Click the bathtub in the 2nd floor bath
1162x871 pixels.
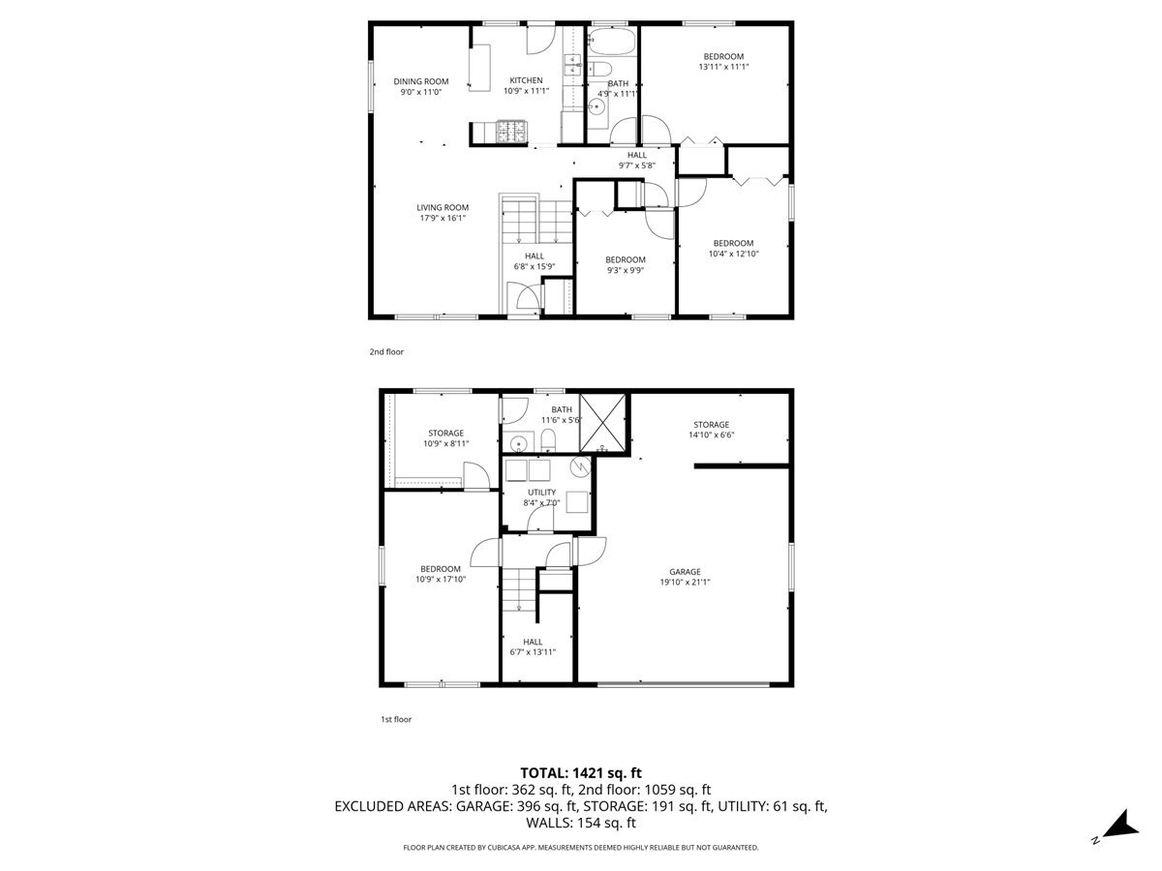click(612, 41)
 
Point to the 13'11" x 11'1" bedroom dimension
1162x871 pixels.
click(723, 67)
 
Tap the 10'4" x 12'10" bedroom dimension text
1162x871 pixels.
click(733, 254)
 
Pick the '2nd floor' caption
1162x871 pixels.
click(386, 352)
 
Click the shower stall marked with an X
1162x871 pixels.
click(602, 424)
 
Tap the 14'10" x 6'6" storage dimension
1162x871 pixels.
click(710, 435)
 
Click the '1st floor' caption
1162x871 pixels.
click(396, 719)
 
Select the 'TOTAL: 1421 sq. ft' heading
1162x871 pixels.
click(581, 772)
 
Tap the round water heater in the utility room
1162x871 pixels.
click(580, 467)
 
